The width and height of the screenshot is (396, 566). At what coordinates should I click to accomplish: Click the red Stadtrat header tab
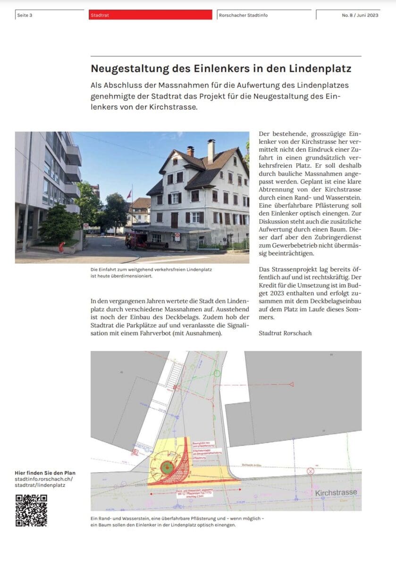150,15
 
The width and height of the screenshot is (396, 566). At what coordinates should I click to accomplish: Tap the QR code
31,510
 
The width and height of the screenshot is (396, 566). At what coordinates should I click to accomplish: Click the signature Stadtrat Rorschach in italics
285,333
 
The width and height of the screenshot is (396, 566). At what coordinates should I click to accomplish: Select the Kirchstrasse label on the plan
336,492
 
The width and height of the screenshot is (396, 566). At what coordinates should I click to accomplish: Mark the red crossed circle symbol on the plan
310,471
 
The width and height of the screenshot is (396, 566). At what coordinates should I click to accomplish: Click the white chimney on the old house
211,151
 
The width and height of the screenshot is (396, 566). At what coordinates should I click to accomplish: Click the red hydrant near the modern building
61,247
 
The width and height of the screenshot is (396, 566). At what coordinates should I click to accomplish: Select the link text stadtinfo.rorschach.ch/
44,479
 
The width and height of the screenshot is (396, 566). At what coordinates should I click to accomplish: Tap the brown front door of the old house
175,220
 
